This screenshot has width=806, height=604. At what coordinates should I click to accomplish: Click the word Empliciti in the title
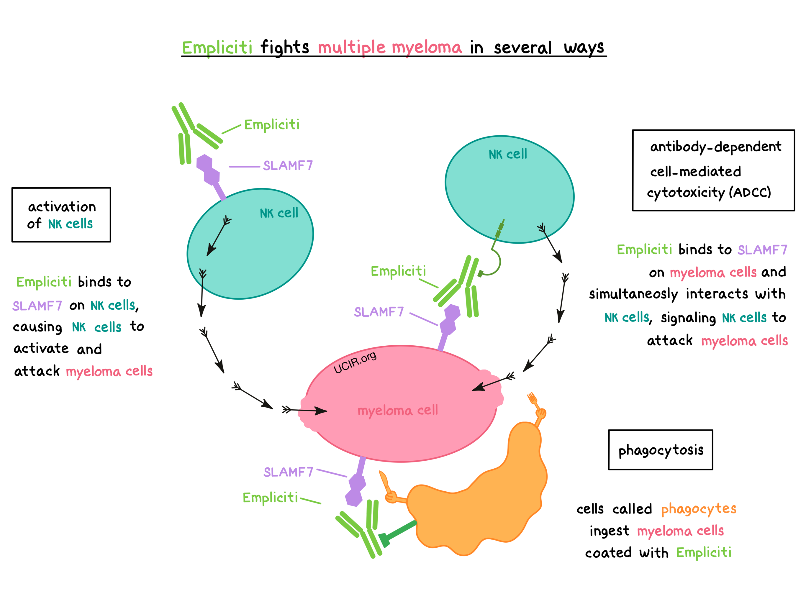click(x=217, y=48)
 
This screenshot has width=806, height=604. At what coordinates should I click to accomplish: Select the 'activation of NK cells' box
click(x=61, y=215)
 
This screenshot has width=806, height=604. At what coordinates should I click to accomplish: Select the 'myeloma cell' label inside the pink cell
click(x=397, y=410)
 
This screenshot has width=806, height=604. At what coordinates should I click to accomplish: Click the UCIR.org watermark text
click(x=355, y=362)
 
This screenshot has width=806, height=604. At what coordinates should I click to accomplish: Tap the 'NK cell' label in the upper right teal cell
click(x=507, y=154)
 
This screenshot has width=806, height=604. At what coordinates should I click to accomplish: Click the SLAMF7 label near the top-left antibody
click(x=288, y=166)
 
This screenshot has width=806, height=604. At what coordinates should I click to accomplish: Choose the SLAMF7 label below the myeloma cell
click(x=288, y=472)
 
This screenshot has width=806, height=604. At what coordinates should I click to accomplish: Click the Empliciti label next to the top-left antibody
click(x=272, y=124)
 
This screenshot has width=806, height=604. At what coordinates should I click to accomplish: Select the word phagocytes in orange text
click(x=699, y=508)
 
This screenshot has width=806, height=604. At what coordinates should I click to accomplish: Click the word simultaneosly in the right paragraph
click(x=633, y=294)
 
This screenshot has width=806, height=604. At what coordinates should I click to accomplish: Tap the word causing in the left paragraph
click(x=37, y=327)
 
